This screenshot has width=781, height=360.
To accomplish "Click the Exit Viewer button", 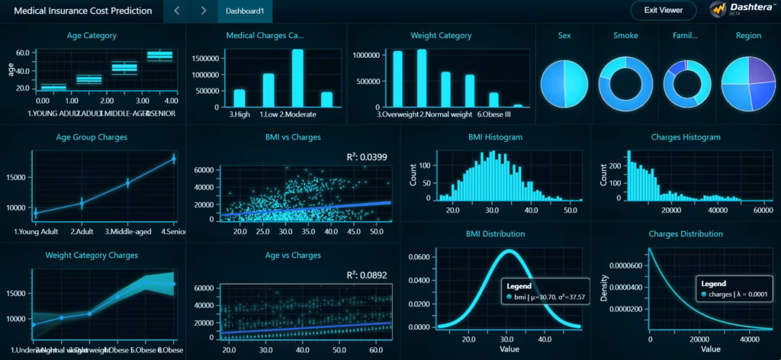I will coord(663,11).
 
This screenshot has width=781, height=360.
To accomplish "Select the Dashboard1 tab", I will coord(245,11).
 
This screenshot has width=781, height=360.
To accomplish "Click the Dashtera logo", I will coord(739,10).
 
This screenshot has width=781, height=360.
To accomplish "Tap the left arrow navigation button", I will coord(177,11).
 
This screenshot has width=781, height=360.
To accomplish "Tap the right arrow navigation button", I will coord(203,11).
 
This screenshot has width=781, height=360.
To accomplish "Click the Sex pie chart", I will coord(564,83).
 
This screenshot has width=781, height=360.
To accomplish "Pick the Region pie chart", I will coord(748,83).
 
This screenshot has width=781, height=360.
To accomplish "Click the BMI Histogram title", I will coord(495,137).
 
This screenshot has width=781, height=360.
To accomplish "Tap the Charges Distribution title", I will coord(686,233).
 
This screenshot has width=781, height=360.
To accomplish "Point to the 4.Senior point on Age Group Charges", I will coord(174,159).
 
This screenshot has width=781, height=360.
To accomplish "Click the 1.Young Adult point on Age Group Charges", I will coord(35,213).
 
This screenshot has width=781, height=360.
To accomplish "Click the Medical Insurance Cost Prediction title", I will coord(82,11).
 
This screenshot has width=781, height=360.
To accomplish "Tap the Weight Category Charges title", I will coord(92,255).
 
